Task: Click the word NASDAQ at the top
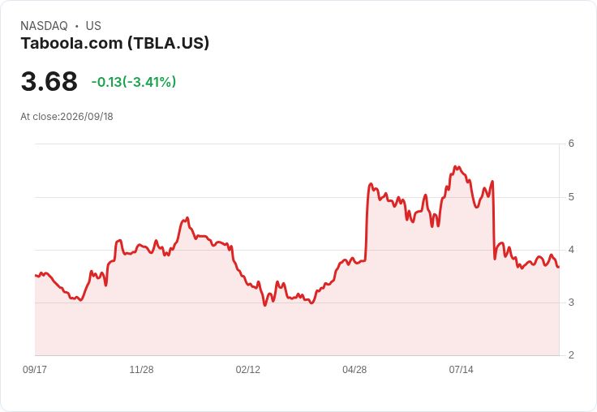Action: coord(44,26)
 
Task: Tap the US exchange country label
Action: coord(93,26)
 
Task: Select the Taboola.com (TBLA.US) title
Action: coord(115,44)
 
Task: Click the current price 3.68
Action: coord(49,81)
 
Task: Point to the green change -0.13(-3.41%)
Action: coord(134,82)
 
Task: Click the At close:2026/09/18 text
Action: coord(67,117)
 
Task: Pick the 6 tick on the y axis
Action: coord(571,144)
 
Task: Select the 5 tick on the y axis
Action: coord(571,197)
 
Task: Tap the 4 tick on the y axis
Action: coord(571,250)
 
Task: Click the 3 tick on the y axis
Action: coord(571,303)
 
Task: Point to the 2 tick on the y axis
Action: coord(571,355)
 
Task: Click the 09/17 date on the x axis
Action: coord(35,370)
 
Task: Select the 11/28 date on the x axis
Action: coord(141,370)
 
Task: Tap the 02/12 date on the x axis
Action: coord(248,370)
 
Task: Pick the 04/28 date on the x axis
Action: coord(354,370)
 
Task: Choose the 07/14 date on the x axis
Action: coord(461,370)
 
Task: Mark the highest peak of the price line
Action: coord(455,167)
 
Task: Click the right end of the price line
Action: coord(559,267)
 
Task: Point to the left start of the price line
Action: coord(36,275)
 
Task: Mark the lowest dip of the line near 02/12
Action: coord(265,306)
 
